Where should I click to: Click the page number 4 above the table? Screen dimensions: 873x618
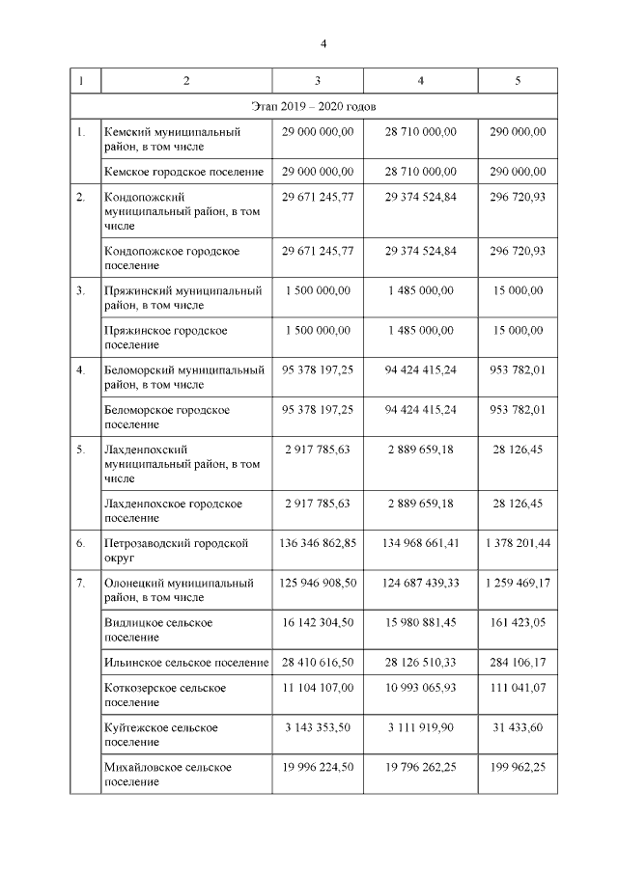pyautogui.click(x=324, y=43)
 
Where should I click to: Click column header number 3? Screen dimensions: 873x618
pyautogui.click(x=318, y=80)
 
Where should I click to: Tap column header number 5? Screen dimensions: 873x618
pyautogui.click(x=518, y=80)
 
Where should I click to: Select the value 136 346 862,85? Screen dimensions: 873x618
pyautogui.click(x=318, y=543)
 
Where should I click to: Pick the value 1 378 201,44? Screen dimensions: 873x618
pyautogui.click(x=518, y=543)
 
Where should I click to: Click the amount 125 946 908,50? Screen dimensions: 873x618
pyautogui.click(x=318, y=584)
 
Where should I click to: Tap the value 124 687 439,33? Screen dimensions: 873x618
pyautogui.click(x=420, y=584)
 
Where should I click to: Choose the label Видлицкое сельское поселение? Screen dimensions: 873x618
pyautogui.click(x=157, y=630)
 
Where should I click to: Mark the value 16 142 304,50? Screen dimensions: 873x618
pyautogui.click(x=318, y=623)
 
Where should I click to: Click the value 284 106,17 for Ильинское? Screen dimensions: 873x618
pyautogui.click(x=518, y=663)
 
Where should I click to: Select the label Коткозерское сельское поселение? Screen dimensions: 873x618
pyautogui.click(x=164, y=695)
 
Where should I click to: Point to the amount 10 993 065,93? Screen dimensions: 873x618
pyautogui.click(x=420, y=688)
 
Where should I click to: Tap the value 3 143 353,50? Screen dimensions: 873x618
pyautogui.click(x=318, y=727)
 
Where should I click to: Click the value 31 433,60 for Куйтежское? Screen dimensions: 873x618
pyautogui.click(x=518, y=727)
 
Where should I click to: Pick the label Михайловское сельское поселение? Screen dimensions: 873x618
pyautogui.click(x=167, y=774)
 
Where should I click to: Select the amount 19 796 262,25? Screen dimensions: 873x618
pyautogui.click(x=420, y=767)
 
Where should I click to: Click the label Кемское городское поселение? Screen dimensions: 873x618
pyautogui.click(x=183, y=172)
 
